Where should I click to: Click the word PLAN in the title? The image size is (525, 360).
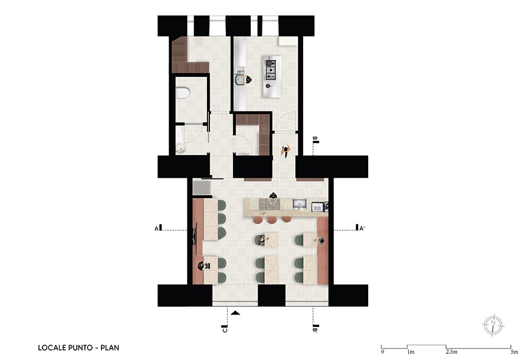coord(110,348)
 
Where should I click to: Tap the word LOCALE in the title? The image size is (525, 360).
coord(52,348)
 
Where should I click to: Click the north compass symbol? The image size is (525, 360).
coord(493,324)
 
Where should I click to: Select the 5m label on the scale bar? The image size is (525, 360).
coord(514,352)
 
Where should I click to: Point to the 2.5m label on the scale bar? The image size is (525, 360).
coord(451,352)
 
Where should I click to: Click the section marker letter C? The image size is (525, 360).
coord(225,330)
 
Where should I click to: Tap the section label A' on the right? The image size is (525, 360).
coord(362,229)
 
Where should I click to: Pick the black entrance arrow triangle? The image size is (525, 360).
coord(236,313)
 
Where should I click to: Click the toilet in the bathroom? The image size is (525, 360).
coord(183,93)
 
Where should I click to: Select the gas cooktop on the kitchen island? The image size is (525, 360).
coord(271,70)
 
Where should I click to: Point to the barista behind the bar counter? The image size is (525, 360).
coord(273,199)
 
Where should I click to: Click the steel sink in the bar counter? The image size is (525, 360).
coord(300,204)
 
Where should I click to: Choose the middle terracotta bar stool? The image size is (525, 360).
coord(270,220)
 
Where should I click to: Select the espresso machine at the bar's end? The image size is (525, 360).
coord(319,207)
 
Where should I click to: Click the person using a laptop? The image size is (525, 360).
coord(202,266)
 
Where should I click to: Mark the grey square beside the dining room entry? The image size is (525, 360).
coord(202,188)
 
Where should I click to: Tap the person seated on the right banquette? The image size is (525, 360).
coord(320,240)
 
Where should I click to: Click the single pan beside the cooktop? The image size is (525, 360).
coord(268,86)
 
